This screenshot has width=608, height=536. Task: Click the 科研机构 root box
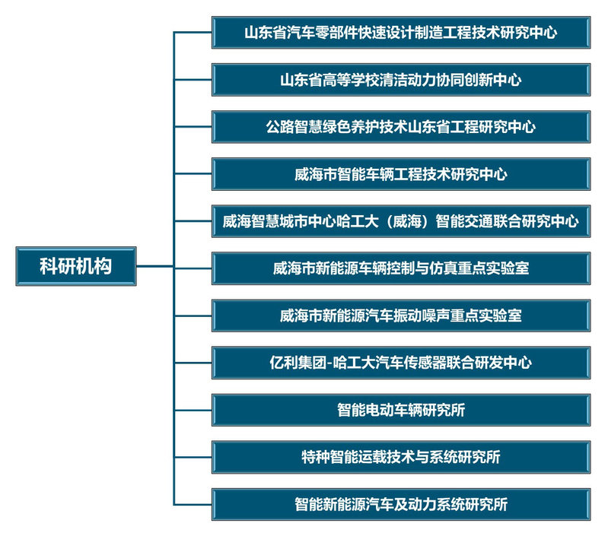point(75,266)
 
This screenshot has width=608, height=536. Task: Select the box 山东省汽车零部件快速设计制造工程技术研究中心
point(400,33)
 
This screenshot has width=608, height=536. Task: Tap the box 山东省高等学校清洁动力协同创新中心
point(400,80)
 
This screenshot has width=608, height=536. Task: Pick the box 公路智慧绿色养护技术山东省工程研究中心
point(400,127)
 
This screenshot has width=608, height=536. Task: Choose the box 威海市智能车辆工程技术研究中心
point(400,174)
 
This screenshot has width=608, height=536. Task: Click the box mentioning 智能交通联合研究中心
point(400,221)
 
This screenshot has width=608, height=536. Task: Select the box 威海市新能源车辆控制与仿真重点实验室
point(400,268)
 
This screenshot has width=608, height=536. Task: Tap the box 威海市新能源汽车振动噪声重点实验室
point(400,316)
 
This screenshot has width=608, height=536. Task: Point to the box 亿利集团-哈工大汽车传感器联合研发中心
point(400,363)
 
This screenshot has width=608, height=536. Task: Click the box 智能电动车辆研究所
point(400,410)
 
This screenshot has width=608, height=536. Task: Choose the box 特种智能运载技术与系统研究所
point(400,457)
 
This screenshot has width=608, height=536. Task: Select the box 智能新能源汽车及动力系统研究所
point(400,504)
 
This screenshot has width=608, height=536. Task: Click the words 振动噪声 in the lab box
point(435,316)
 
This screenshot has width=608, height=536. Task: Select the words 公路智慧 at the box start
point(294,127)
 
